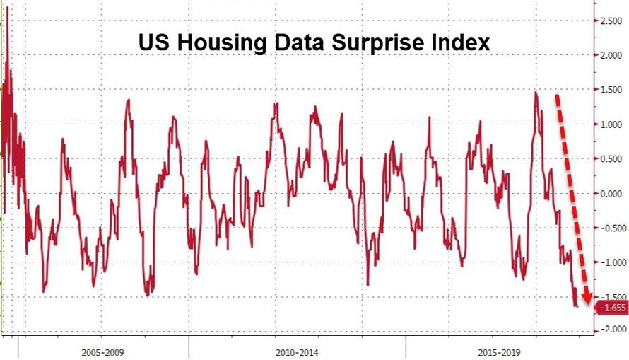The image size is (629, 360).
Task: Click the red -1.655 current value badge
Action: pos(611,308)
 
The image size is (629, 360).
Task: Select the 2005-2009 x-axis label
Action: pos(104,351)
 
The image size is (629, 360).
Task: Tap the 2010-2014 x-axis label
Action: pos(298,351)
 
